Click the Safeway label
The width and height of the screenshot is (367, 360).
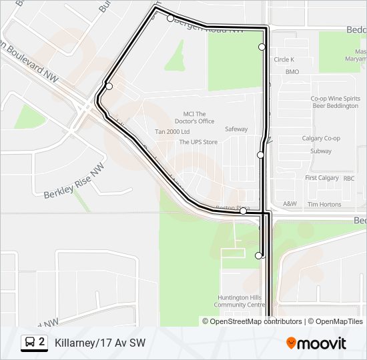[x=236, y=129]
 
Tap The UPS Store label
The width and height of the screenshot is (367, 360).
[x=198, y=142]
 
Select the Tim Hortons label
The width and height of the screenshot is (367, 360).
[x=324, y=205]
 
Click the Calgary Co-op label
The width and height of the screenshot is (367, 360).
[x=321, y=139]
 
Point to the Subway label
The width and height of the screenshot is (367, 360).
[x=321, y=151]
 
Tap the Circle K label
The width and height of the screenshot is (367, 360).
[x=284, y=59]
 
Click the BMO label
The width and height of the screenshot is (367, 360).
[x=292, y=71]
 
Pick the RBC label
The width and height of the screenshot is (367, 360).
[x=349, y=179]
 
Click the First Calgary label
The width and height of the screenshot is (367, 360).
[x=322, y=179]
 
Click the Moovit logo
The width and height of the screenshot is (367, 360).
[x=316, y=343]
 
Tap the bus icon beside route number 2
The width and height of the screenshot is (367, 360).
[x=30, y=343]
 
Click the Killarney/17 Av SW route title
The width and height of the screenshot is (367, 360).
[x=100, y=343]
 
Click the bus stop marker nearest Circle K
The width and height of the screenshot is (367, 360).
[x=262, y=47]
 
